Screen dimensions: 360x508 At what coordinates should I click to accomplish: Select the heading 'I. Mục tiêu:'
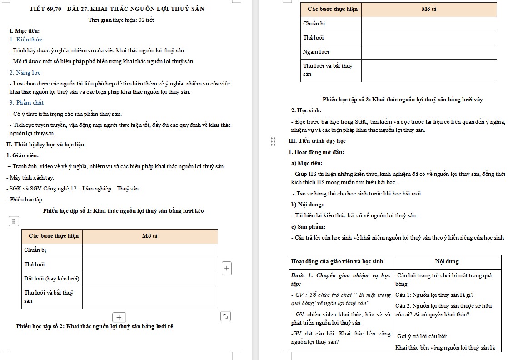(24, 30)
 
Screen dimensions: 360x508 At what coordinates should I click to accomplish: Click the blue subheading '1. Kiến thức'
(26, 40)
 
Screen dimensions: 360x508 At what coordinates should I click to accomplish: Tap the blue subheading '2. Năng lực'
(25, 73)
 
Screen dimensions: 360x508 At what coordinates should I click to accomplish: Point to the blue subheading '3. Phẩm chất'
(27, 103)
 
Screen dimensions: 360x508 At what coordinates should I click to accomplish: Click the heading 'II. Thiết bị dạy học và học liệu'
(45, 145)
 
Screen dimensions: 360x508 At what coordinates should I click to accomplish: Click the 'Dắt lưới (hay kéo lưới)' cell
(52, 278)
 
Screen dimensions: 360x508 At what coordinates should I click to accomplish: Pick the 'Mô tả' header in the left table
(149, 236)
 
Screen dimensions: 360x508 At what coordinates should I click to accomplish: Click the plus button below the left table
(119, 317)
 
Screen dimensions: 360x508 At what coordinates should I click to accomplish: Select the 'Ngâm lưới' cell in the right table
(316, 52)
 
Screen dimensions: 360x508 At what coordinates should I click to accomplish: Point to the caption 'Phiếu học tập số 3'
(402, 100)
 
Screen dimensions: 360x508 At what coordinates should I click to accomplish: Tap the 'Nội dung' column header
(447, 261)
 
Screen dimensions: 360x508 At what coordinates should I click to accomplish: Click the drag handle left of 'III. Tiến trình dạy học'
(273, 141)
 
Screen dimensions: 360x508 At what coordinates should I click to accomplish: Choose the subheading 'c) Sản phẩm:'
(308, 227)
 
